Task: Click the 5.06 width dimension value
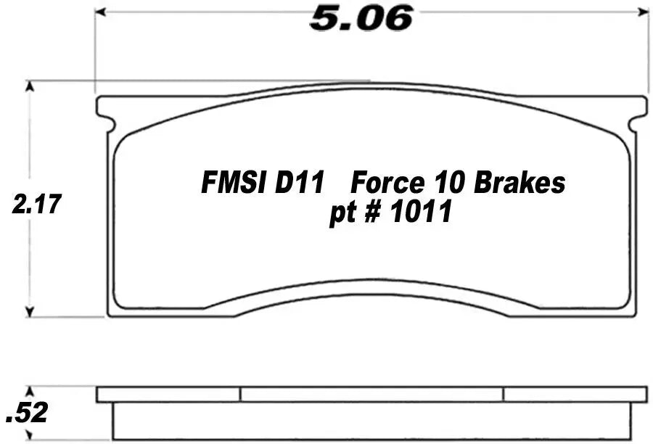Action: (x=361, y=19)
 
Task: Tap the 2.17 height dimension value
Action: (x=37, y=204)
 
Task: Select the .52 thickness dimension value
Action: (x=27, y=413)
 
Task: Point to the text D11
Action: (x=299, y=183)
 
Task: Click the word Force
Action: (x=387, y=183)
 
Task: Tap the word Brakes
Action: (x=519, y=183)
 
